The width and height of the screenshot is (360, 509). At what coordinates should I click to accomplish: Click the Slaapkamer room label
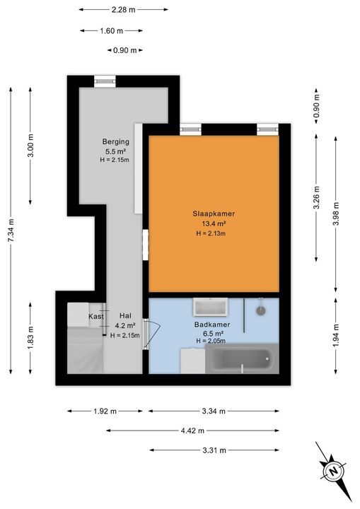(x=214, y=213)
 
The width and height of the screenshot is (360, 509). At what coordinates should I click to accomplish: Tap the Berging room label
(x=116, y=141)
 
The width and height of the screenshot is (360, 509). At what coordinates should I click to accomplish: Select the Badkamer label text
(x=212, y=324)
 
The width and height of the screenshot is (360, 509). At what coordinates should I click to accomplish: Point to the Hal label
(x=125, y=315)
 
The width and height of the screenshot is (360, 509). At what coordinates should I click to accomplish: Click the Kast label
(x=96, y=316)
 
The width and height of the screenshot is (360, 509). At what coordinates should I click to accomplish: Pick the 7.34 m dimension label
(x=11, y=230)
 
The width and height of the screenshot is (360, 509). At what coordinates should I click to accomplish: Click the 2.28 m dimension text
(x=124, y=10)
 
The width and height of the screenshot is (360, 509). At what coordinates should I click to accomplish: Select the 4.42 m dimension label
(x=192, y=431)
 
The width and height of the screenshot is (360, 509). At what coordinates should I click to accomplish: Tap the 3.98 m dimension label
(x=336, y=213)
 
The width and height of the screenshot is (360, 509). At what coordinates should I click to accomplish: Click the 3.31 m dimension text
(x=214, y=450)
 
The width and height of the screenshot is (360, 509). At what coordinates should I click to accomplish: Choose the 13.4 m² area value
(x=214, y=223)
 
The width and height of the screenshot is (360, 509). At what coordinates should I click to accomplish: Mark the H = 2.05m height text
(x=211, y=341)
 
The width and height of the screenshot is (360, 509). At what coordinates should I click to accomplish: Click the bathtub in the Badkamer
(x=242, y=359)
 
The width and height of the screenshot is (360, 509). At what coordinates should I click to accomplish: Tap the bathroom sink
(x=210, y=307)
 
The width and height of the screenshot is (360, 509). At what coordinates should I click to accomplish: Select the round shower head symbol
(x=260, y=310)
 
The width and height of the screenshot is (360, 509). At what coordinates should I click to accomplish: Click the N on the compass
(x=332, y=471)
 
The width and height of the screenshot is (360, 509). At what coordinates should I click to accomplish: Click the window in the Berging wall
(x=105, y=81)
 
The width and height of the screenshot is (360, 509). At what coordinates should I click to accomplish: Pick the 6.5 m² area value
(x=213, y=334)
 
